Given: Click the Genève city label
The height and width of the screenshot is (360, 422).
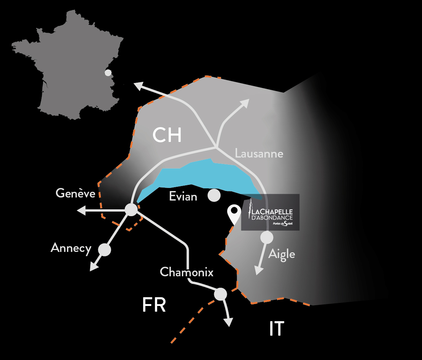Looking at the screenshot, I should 75,193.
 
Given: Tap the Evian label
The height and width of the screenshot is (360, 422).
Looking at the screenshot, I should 183,197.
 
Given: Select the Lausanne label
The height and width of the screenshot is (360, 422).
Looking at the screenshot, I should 259,154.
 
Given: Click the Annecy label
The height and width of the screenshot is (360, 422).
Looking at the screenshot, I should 71,248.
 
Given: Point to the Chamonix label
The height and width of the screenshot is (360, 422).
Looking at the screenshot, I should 186,272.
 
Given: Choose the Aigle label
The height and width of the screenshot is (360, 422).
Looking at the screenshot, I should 282,254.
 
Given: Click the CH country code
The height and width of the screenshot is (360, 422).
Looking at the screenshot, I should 167,135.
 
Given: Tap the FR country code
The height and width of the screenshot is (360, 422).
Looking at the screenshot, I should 154,305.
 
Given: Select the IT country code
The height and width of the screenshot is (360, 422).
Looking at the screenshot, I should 276,329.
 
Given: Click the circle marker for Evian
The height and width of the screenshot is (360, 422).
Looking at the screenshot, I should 214,196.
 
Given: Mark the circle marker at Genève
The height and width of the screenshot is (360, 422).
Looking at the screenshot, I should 131,210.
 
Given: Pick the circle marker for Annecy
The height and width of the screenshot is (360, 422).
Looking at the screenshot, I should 104,250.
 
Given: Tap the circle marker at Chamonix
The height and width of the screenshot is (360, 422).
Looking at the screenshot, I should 220,294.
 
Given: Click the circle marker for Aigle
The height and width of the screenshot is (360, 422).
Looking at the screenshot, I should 266,238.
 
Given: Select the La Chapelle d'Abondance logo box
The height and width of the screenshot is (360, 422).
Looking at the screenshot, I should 271,212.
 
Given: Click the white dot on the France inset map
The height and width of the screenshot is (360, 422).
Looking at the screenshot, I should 108,72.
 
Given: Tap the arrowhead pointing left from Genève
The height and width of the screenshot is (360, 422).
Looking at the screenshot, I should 81,210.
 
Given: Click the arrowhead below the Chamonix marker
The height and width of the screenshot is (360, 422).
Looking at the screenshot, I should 228,322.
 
